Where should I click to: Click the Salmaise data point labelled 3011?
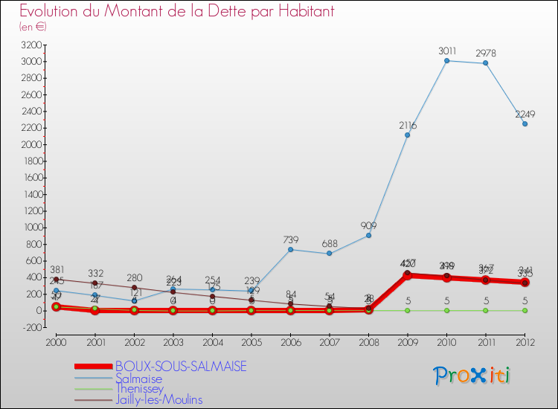[x=446, y=60]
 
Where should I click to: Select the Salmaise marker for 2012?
[x=525, y=123]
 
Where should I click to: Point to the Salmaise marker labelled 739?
[x=290, y=249]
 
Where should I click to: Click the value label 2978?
[x=485, y=53]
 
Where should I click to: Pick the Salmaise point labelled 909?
[x=368, y=235]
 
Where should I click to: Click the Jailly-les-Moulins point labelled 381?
[x=56, y=279]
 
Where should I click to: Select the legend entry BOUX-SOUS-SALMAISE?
[x=181, y=367]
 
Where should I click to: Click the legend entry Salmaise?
[x=138, y=379]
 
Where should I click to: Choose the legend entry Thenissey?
[x=140, y=389]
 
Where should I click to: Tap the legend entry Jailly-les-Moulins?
[x=158, y=399]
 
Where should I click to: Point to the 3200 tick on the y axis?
[x=31, y=45]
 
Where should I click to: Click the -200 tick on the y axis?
[x=32, y=327]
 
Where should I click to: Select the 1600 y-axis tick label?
[x=31, y=178]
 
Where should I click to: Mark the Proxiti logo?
[x=472, y=376]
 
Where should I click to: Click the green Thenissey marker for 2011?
[x=485, y=310]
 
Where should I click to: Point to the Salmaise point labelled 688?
[x=329, y=254]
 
